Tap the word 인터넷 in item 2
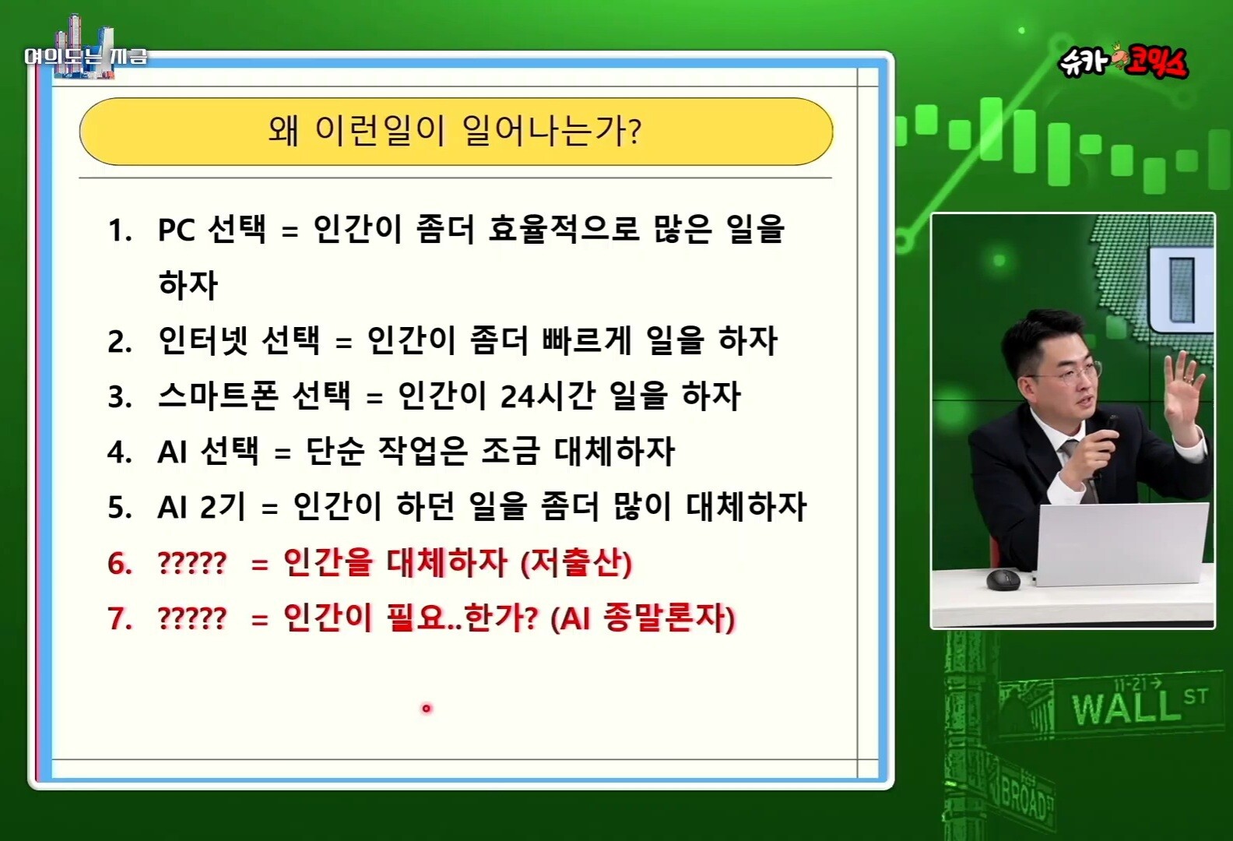coord(203,340)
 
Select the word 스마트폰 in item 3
coord(218,396)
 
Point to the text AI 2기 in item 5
coord(202,507)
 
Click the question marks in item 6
coord(192,563)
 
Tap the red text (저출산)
coord(576,562)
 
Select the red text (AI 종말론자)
coord(643,618)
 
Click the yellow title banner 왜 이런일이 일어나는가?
coord(456,132)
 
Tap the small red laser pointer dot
coord(426,709)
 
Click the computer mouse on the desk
coord(1003,579)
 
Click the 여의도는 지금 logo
coord(86,56)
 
